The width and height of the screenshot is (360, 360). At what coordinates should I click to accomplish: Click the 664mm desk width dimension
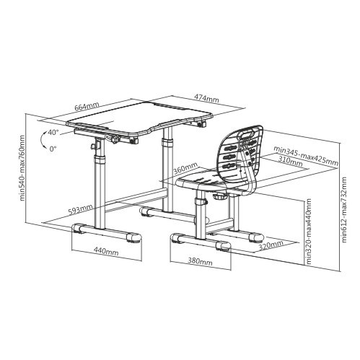pyautogui.click(x=87, y=106)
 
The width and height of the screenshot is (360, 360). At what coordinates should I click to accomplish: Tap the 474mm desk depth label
pyautogui.click(x=206, y=98)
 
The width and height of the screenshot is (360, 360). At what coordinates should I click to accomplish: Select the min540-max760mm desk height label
pyautogui.click(x=22, y=168)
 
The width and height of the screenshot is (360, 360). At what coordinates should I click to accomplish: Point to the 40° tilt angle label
pyautogui.click(x=53, y=132)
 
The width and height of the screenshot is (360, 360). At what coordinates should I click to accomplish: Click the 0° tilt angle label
pyautogui.click(x=53, y=149)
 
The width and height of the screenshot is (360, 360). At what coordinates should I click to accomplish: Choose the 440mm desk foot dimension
pyautogui.click(x=106, y=252)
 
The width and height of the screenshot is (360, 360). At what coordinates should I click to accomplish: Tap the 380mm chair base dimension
pyautogui.click(x=200, y=261)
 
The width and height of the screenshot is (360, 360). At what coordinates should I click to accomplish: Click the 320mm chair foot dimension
pyautogui.click(x=271, y=245)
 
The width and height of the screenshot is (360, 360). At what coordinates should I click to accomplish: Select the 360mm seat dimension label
pyautogui.click(x=185, y=168)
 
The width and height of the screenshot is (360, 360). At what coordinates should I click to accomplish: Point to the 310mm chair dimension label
pyautogui.click(x=290, y=161)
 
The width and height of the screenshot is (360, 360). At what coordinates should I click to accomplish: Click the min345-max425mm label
pyautogui.click(x=306, y=156)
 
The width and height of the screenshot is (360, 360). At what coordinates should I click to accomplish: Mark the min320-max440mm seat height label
pyautogui.click(x=308, y=231)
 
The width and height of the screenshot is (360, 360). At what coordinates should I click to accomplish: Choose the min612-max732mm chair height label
pyautogui.click(x=344, y=210)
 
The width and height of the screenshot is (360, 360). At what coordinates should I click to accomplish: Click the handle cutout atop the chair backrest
pyautogui.click(x=247, y=135)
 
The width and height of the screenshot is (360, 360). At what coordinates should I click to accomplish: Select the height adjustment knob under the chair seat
pyautogui.click(x=219, y=196)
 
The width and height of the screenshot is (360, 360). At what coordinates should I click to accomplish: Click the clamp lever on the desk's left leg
pyautogui.click(x=92, y=146)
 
